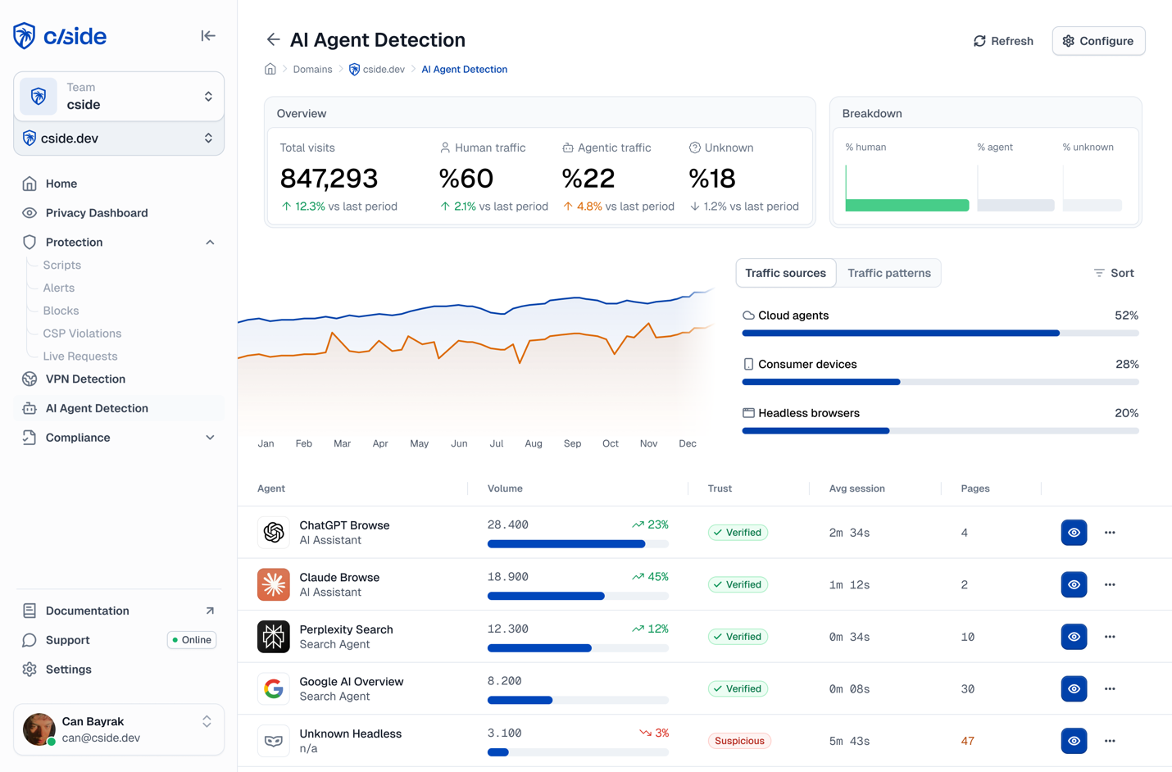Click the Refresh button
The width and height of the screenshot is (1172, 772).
click(1003, 41)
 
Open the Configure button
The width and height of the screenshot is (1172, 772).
click(1098, 41)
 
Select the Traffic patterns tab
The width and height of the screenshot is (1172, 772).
click(888, 273)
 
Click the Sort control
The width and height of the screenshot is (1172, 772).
click(1114, 273)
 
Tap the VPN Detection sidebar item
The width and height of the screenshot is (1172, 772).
click(85, 379)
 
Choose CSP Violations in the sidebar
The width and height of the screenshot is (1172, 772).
click(82, 334)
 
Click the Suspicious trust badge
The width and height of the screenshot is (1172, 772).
click(738, 741)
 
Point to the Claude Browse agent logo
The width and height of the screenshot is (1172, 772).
click(274, 584)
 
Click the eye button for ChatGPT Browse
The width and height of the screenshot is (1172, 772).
click(1074, 533)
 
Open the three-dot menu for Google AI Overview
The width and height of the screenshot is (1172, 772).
click(1110, 688)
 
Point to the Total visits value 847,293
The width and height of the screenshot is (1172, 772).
click(329, 178)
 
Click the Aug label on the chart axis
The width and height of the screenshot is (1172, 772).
click(534, 443)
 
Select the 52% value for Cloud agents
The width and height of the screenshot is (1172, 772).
click(1126, 316)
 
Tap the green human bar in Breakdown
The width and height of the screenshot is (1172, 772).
click(906, 205)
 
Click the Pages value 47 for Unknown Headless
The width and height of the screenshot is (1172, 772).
click(967, 741)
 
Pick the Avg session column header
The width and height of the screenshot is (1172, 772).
click(856, 488)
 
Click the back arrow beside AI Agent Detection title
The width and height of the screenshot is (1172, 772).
click(273, 39)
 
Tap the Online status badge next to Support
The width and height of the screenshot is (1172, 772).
click(192, 640)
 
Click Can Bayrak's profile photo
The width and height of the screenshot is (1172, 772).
click(39, 729)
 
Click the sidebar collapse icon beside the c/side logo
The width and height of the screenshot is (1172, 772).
click(208, 36)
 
